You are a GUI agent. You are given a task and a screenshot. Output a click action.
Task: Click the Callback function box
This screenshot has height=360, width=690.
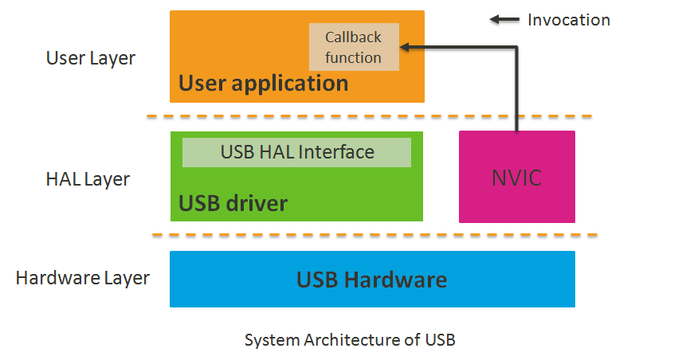[x=354, y=47]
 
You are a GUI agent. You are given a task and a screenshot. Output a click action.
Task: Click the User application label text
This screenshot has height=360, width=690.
[x=263, y=83]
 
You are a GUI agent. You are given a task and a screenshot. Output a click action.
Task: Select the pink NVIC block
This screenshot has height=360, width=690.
[x=516, y=177]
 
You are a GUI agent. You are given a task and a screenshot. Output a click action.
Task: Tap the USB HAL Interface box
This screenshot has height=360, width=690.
[x=296, y=152]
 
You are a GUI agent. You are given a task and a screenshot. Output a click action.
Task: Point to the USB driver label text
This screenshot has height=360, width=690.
[x=233, y=204]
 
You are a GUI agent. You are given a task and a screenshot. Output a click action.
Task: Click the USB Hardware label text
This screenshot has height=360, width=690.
[x=371, y=280]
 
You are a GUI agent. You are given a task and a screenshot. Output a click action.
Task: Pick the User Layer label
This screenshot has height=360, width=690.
[x=91, y=58]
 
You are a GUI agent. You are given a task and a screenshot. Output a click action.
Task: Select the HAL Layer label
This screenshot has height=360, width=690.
[x=88, y=180]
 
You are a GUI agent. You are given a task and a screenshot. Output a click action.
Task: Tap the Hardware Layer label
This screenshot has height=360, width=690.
[x=83, y=278]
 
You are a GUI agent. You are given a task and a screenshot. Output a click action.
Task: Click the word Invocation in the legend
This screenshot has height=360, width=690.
[x=569, y=20]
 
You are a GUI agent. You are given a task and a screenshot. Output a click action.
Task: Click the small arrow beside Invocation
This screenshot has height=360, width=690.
[x=504, y=20]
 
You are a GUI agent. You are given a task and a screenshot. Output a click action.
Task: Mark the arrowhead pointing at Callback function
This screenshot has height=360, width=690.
[x=405, y=48]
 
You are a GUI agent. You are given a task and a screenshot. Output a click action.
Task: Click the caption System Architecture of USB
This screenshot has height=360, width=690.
[x=350, y=340]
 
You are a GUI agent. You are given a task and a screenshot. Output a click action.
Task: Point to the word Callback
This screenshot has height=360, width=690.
[x=354, y=37]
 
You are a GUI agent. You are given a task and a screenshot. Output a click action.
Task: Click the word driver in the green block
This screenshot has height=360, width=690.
[x=256, y=204]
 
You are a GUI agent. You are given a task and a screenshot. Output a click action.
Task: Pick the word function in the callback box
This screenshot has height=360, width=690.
[x=354, y=57]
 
